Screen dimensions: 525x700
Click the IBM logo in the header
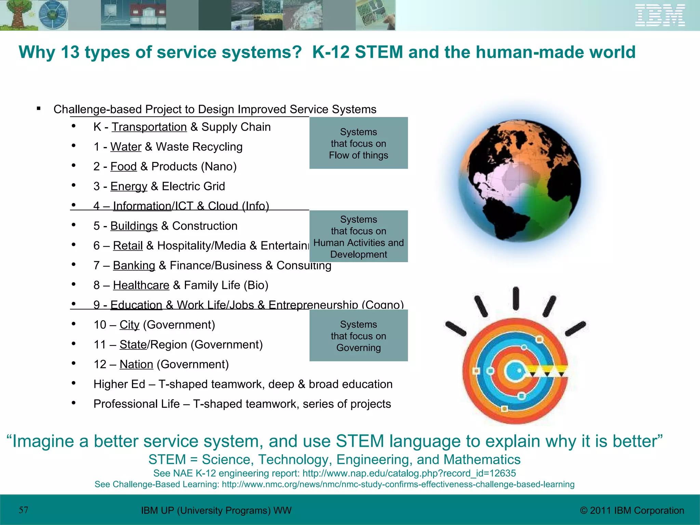click(x=660, y=15)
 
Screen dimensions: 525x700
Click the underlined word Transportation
click(x=149, y=127)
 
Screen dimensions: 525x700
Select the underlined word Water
click(x=126, y=147)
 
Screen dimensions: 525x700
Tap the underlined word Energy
click(x=129, y=187)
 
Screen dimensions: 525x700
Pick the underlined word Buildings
click(x=134, y=226)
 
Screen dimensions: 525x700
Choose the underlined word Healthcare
click(x=141, y=285)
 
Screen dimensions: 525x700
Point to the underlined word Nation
click(x=136, y=365)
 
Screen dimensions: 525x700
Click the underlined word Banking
click(x=134, y=266)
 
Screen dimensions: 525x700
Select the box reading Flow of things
click(x=359, y=143)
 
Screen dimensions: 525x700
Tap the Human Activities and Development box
click(x=359, y=237)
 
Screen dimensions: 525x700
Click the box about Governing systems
click(x=359, y=336)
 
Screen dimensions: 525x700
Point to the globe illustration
click(x=519, y=181)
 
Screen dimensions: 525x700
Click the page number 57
click(x=24, y=510)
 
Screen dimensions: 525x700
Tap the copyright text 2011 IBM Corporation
click(x=632, y=511)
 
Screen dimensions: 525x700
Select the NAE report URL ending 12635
click(x=409, y=473)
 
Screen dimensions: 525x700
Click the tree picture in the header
click(x=17, y=15)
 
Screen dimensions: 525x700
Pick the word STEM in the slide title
click(x=379, y=52)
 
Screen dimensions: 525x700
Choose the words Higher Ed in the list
click(x=119, y=385)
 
